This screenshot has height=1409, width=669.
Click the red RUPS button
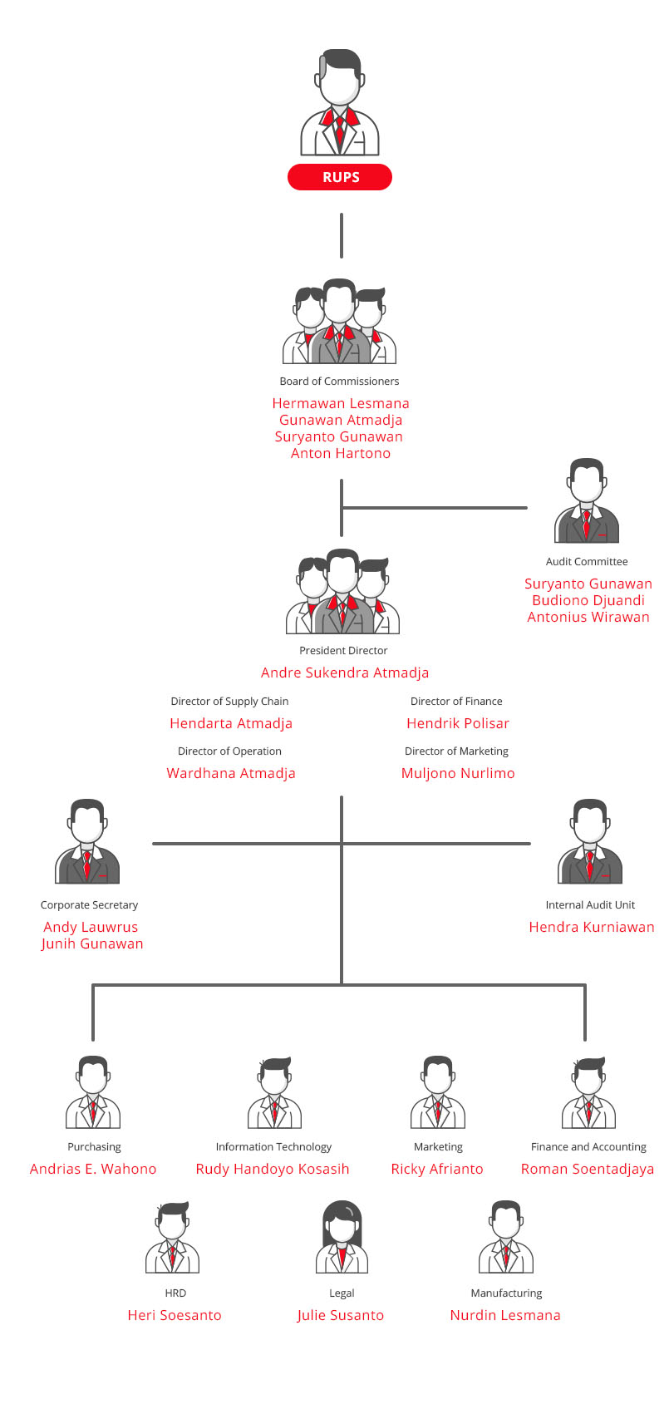340,177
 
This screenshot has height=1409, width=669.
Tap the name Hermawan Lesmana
341,403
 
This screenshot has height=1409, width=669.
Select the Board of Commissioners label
339,382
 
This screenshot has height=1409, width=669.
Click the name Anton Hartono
341,453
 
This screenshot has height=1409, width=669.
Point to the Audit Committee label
587,562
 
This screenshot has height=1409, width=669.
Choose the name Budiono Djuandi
588,600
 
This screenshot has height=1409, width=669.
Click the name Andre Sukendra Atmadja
345,672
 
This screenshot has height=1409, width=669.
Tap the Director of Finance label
456,702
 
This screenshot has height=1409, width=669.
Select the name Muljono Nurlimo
458,773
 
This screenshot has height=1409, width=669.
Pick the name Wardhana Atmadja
231,773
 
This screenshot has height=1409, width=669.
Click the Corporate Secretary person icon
87,842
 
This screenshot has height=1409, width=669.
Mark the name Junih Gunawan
92,943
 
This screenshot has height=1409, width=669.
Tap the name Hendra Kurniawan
592,927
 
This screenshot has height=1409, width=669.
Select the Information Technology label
273,1147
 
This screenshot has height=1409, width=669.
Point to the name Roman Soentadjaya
588,1169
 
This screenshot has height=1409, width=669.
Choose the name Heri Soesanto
175,1315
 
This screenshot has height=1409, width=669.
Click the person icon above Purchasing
93,1092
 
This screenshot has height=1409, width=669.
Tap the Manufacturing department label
506,1293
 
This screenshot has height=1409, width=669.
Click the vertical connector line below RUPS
341,235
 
